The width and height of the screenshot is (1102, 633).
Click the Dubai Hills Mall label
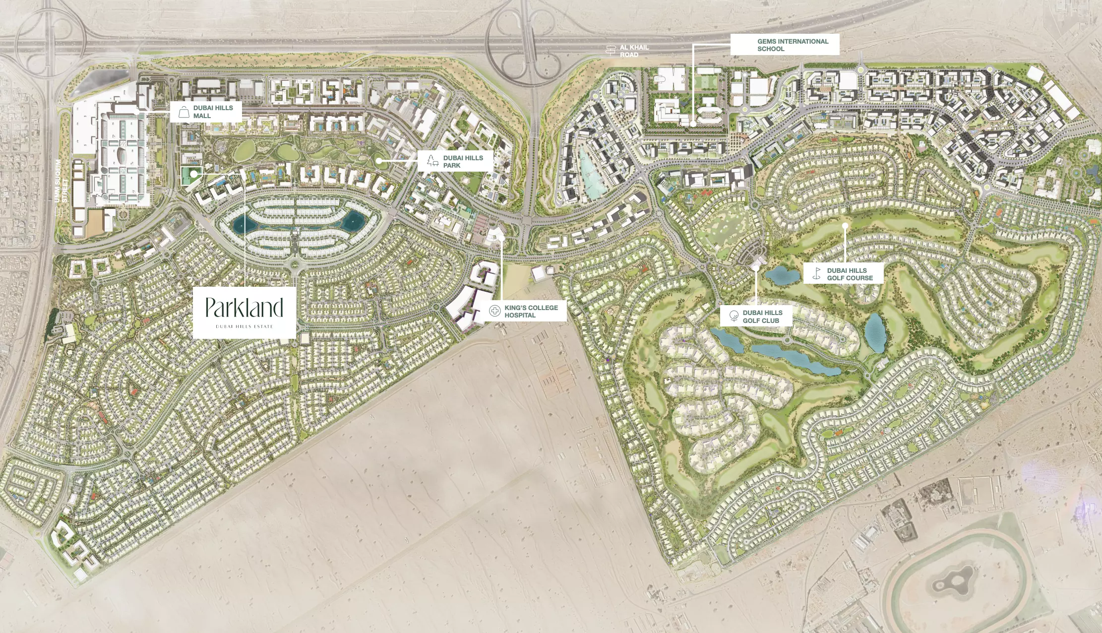[213, 112]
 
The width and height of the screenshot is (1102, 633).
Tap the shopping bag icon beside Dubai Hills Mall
[184, 112]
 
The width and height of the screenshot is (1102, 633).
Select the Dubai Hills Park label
[463, 161]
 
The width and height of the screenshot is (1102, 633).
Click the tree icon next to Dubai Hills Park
[432, 160]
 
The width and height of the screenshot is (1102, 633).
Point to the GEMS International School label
[793, 45]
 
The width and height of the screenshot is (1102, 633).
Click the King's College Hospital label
[531, 312]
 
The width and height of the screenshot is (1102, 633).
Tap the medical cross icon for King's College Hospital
[494, 311]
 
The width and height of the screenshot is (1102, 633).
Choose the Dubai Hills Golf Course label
[850, 274]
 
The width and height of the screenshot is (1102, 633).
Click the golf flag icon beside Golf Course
[817, 273]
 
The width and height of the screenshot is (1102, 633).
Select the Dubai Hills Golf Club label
[762, 316]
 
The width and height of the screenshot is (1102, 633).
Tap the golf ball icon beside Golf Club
[734, 316]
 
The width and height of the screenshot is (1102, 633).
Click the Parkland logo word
[244, 308]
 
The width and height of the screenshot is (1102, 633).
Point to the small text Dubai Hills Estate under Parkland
[244, 326]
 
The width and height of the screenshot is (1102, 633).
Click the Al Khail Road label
[634, 51]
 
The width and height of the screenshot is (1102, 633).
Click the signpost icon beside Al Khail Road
[611, 50]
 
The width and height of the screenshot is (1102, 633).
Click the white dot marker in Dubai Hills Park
[378, 161]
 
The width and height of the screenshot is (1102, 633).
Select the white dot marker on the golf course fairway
[845, 226]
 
